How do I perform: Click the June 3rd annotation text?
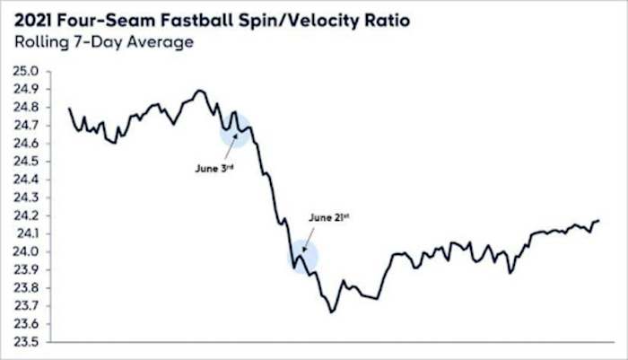click(214, 167)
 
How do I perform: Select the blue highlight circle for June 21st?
click(303, 257)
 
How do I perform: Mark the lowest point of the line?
click(331, 312)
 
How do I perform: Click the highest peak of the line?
click(199, 90)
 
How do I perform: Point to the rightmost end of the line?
click(599, 220)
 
